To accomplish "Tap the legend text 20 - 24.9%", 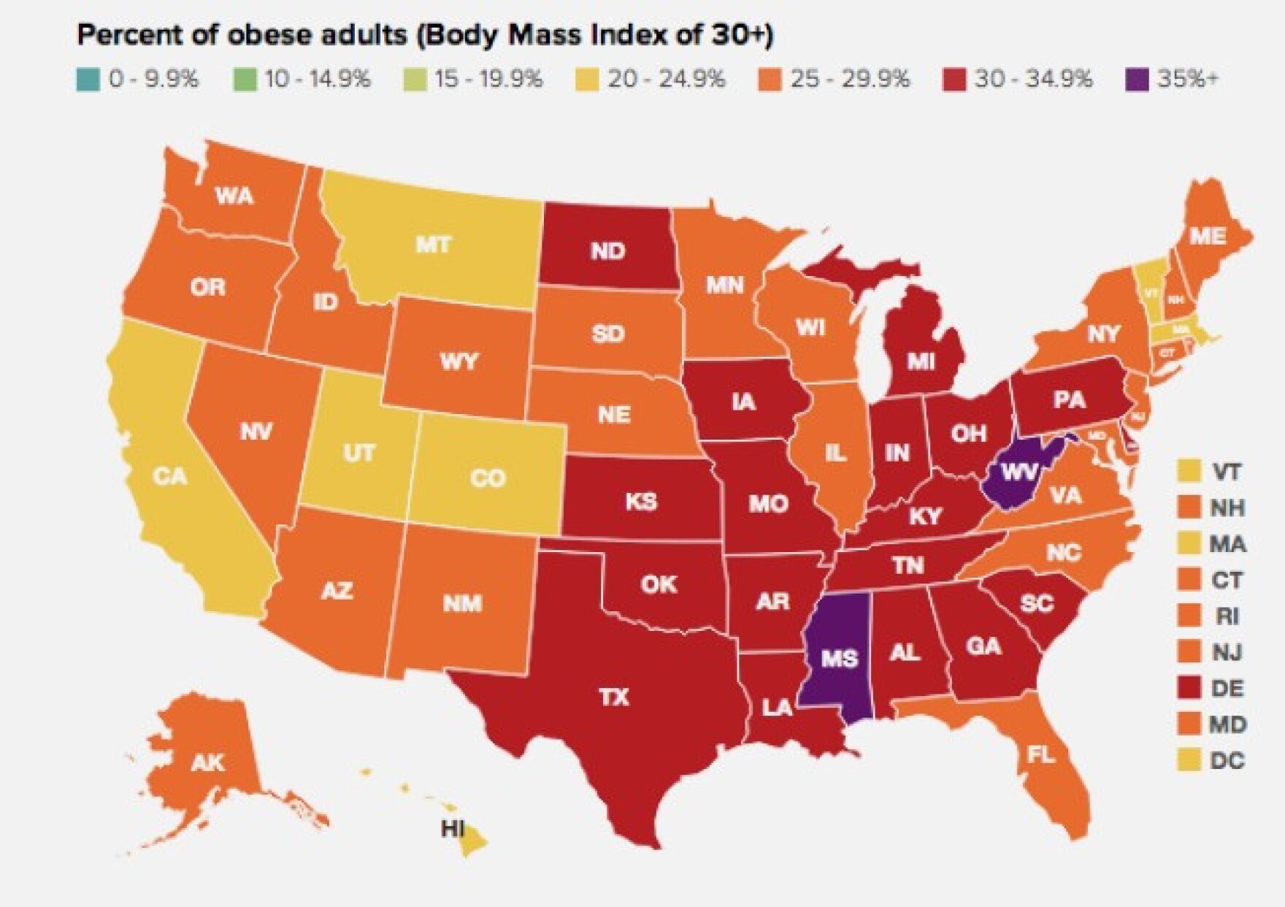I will point(667,78).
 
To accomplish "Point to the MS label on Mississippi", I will point(839,659).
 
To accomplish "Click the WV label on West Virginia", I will point(1019,472).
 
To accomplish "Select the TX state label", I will point(614,697).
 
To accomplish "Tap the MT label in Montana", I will point(433,245).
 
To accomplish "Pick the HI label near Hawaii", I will point(453,829).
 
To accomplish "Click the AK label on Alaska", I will point(207,763).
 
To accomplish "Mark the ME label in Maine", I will point(1208,236).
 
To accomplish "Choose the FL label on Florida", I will point(1041,754).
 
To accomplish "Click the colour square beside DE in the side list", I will point(1189,688).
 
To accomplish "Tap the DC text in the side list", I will point(1227,761).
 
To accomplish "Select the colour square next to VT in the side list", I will point(1189,471).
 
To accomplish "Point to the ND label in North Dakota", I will point(607,251).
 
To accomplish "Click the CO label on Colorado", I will point(488,478).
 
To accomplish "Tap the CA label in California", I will point(170,477).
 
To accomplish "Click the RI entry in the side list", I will point(1227,616).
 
